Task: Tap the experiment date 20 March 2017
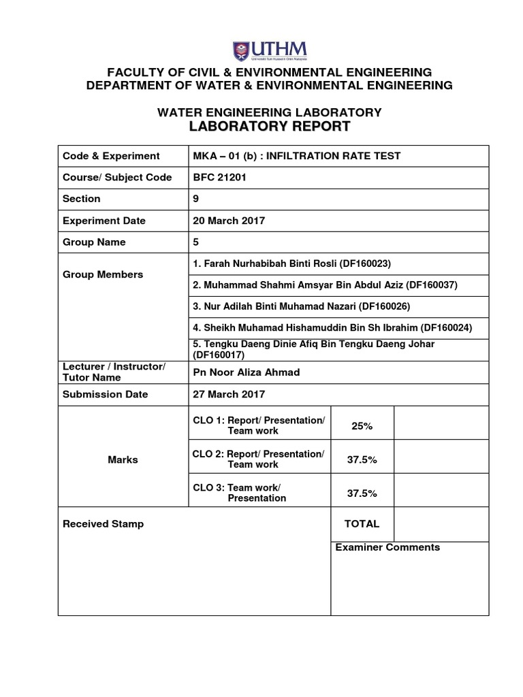pyautogui.click(x=229, y=221)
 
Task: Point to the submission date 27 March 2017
pyautogui.click(x=229, y=394)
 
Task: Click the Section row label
pyautogui.click(x=81, y=199)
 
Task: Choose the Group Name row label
pyautogui.click(x=94, y=242)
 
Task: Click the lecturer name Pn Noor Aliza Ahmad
pyautogui.click(x=247, y=372)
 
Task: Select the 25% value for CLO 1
pyautogui.click(x=362, y=426)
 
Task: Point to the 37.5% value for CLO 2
pyautogui.click(x=362, y=459)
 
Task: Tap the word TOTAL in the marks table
pyautogui.click(x=362, y=524)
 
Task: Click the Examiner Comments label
pyautogui.click(x=387, y=547)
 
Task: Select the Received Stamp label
pyautogui.click(x=103, y=524)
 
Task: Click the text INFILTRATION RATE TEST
pyautogui.click(x=333, y=156)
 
